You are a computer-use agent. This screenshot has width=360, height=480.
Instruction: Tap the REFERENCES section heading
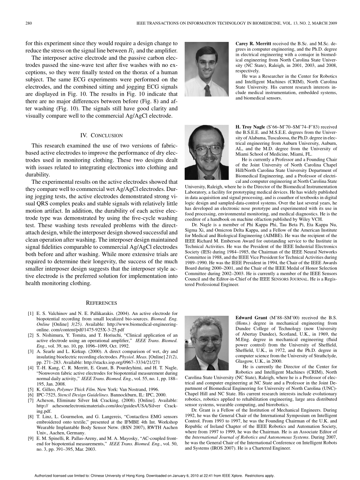(x=101, y=303)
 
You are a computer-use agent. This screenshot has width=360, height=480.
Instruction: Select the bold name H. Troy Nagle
(x=250, y=127)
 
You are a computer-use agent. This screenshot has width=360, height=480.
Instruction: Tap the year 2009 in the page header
(x=332, y=23)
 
